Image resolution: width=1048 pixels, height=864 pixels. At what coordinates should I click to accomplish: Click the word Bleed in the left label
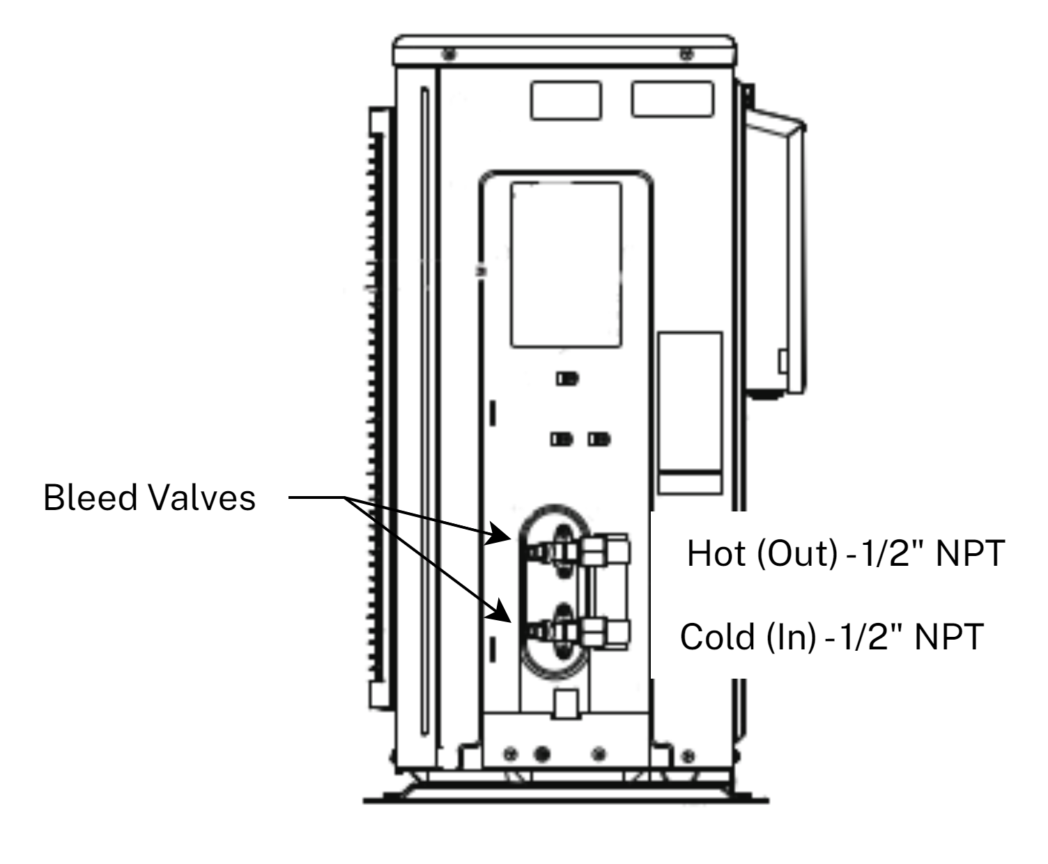91,497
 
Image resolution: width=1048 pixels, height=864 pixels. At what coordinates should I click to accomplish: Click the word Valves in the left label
203,497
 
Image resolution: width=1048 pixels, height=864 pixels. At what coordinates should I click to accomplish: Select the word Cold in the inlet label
717,637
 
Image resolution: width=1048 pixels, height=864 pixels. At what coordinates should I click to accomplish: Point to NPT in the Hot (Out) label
970,554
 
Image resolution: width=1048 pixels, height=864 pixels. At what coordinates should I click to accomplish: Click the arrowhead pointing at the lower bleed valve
500,611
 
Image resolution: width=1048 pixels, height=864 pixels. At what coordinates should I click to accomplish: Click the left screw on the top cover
449,54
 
